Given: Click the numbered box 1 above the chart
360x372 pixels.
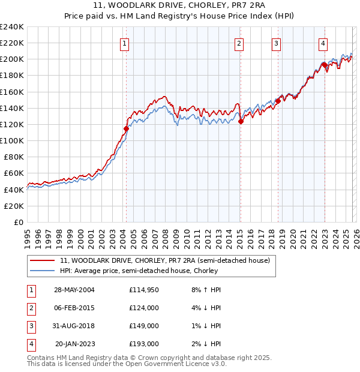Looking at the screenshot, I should click(x=124, y=43).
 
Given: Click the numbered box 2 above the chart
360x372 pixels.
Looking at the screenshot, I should click(x=239, y=43).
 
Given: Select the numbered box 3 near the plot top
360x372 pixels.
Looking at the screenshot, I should click(x=276, y=43).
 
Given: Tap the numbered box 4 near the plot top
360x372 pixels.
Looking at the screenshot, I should click(x=323, y=43).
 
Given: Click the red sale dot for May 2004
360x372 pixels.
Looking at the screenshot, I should click(x=127, y=128).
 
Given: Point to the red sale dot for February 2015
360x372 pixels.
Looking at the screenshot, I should click(x=241, y=121).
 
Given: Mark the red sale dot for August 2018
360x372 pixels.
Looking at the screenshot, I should click(x=278, y=101).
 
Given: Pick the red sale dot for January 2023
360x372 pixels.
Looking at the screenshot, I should click(x=325, y=65).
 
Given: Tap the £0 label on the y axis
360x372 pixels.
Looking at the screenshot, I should click(x=19, y=222).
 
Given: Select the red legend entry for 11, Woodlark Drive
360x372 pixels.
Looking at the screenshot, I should click(x=165, y=260).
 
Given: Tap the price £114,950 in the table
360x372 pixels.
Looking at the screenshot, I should click(x=143, y=290).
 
